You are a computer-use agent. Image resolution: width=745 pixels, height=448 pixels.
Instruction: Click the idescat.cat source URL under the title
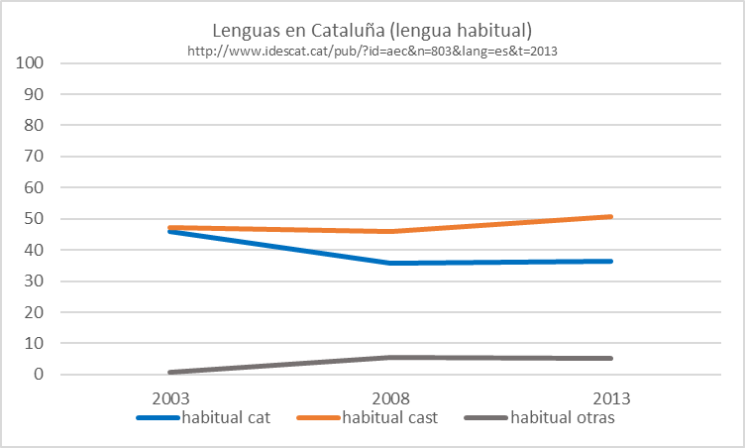pos(372,51)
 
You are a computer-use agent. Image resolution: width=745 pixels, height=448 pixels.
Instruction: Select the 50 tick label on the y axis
pos(40,219)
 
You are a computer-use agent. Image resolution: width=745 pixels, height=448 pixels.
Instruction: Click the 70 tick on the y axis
pos(40,157)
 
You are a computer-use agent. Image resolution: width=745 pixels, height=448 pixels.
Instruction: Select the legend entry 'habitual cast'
pos(389,417)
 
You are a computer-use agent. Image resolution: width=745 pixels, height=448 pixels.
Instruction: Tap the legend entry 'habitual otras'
pos(562,417)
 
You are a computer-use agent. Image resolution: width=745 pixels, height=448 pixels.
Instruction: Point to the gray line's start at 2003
pos(170,373)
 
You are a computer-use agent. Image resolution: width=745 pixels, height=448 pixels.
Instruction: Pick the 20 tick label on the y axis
pos(40,312)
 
